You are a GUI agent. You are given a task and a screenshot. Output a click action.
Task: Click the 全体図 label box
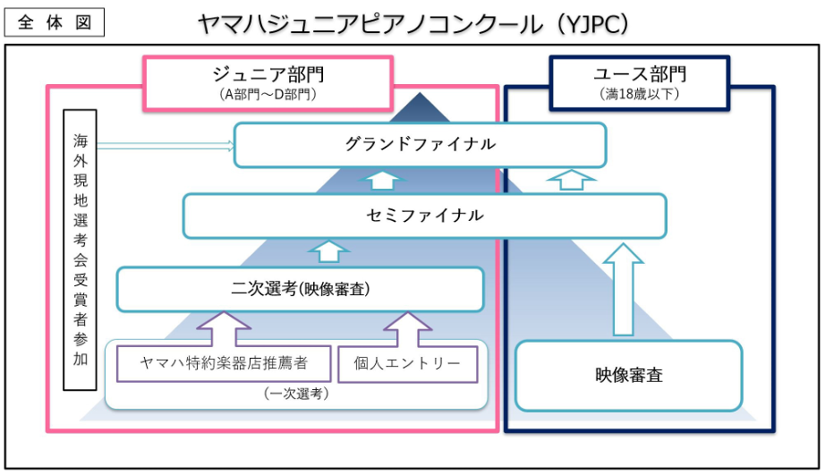point(54,21)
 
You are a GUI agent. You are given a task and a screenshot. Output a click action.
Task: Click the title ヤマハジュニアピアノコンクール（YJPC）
point(413,23)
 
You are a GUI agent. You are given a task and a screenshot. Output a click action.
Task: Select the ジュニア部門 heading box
point(267,82)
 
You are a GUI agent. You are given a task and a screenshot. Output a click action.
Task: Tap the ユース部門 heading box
point(639,82)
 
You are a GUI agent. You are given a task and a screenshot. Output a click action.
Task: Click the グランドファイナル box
point(420,145)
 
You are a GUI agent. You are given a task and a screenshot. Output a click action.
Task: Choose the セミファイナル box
point(424,216)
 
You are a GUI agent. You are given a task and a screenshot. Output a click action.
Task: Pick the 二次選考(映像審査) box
point(301,289)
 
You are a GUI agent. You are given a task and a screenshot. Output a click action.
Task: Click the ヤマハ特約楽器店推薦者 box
point(224,363)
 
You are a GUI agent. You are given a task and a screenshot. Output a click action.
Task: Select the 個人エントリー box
point(407,363)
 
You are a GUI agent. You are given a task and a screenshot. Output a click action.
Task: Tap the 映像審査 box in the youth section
point(629,375)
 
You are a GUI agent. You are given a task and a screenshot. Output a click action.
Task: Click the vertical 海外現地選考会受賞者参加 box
point(81,250)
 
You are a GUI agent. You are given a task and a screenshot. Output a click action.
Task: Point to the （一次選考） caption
point(295,393)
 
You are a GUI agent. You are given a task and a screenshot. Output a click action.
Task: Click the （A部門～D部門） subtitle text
point(267,93)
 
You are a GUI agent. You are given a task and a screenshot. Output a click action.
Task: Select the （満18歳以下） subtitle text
point(639,93)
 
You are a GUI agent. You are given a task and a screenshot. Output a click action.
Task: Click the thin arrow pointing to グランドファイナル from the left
point(166,145)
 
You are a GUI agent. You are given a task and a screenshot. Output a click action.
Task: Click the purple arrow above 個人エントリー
point(407,328)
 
